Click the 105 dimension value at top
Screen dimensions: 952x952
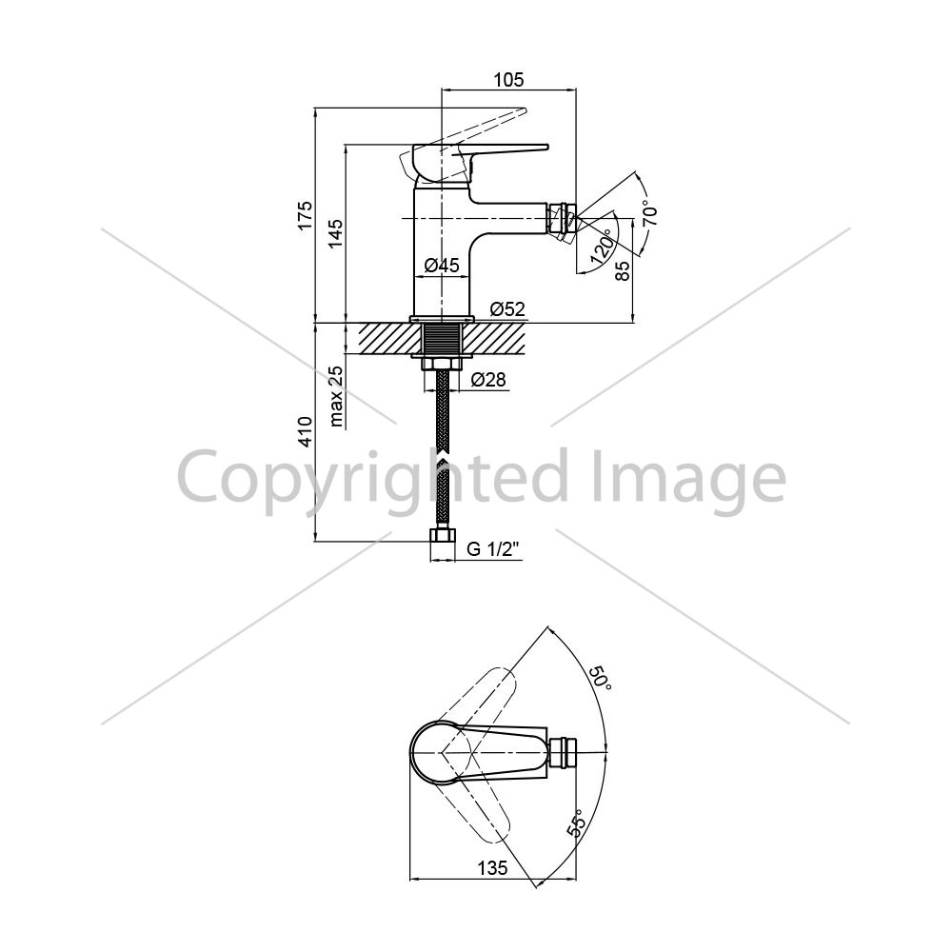point(508,80)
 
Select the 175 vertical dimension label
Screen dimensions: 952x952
point(306,215)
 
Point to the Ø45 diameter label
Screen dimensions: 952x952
point(442,266)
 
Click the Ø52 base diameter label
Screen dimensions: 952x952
point(507,309)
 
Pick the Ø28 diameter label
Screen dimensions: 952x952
point(488,380)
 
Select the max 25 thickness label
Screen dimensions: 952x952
point(336,396)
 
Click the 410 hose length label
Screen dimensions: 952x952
point(306,431)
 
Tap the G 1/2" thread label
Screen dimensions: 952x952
point(493,549)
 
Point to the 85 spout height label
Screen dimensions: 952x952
point(623,269)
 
